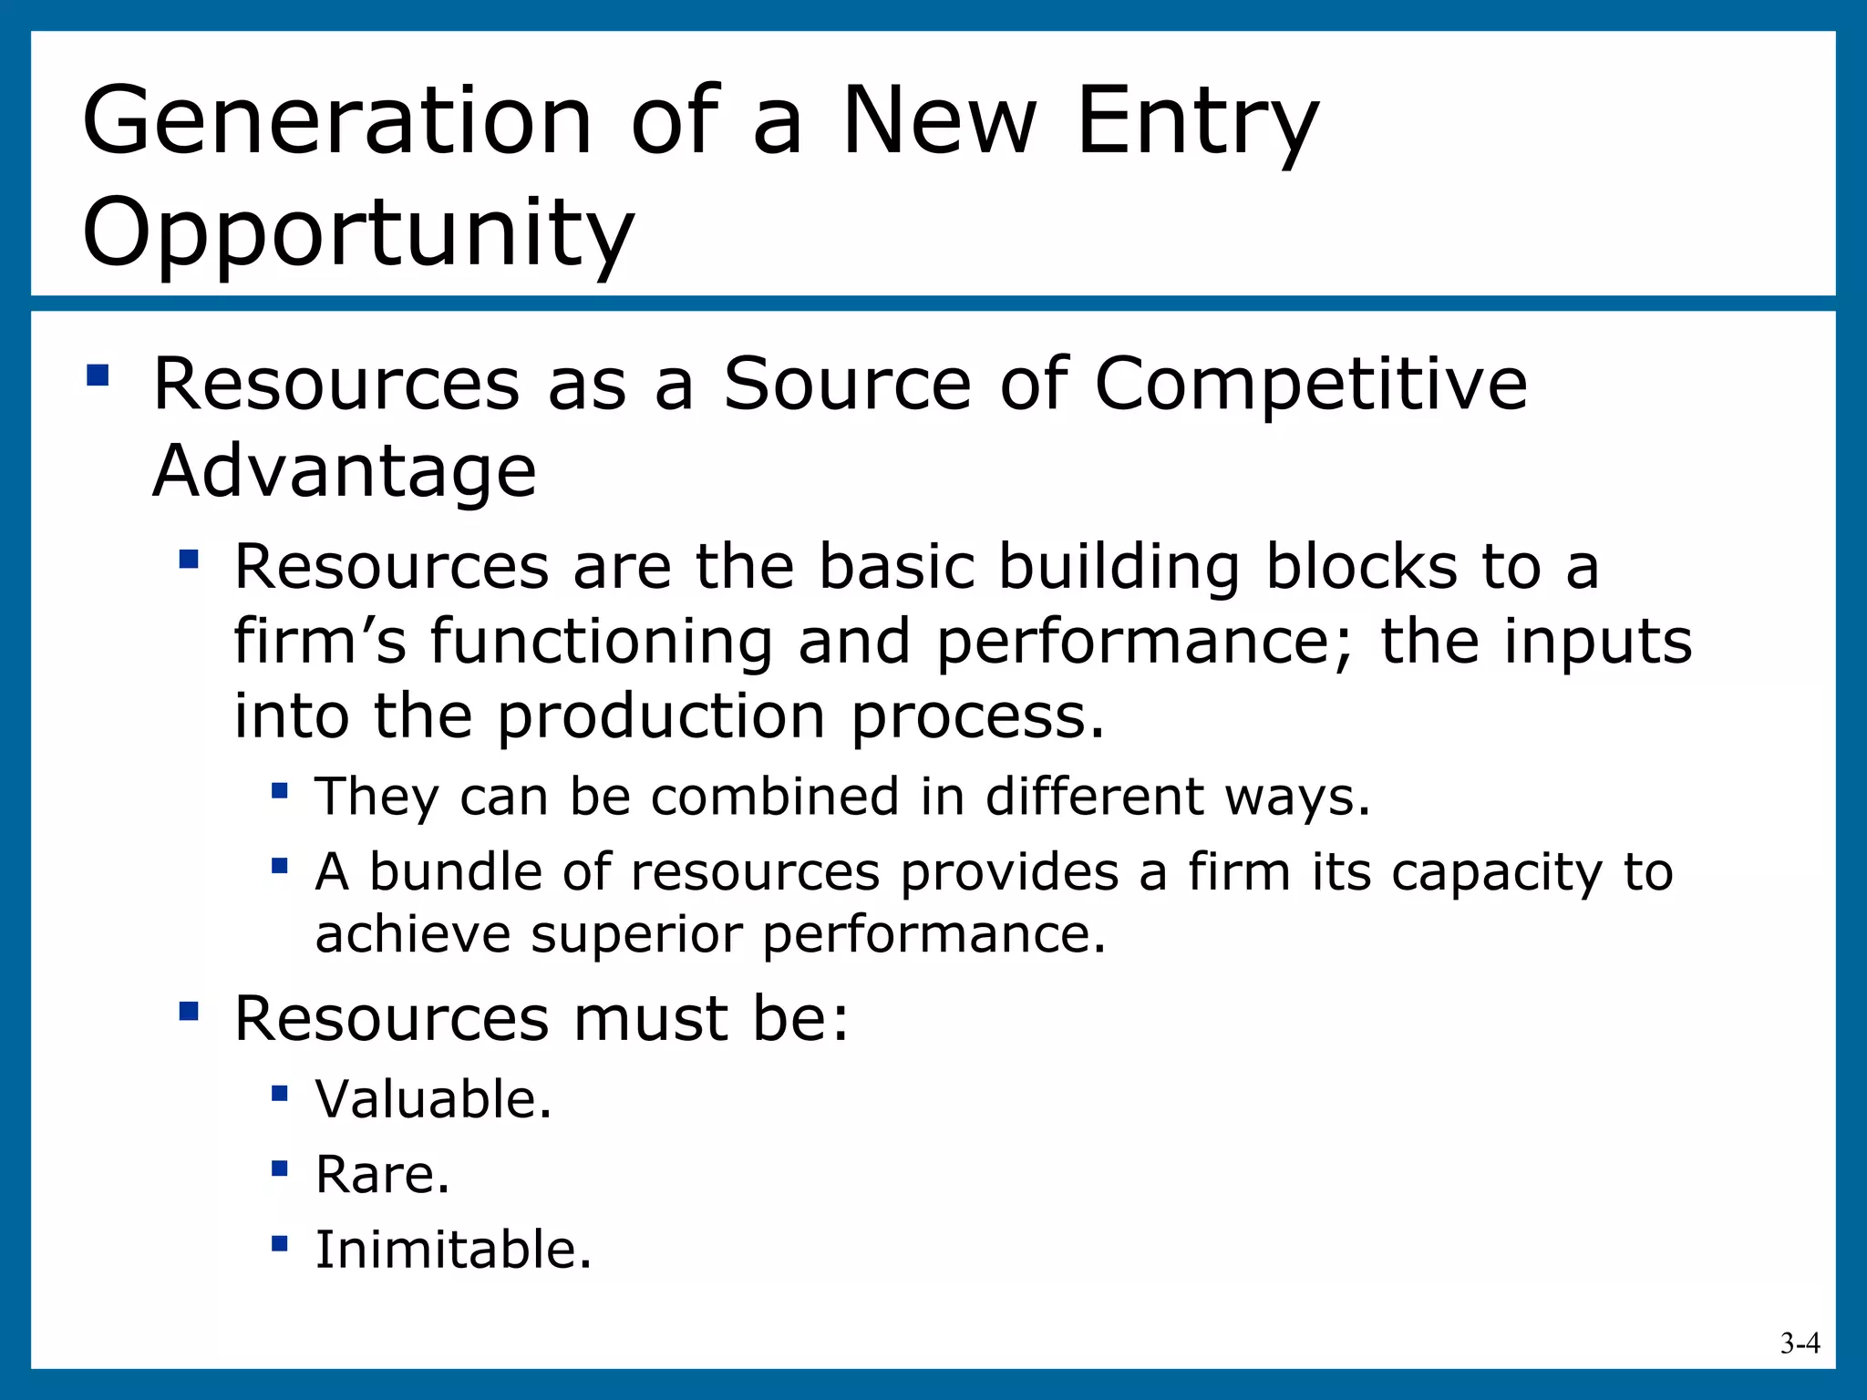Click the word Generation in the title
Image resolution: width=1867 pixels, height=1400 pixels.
(337, 121)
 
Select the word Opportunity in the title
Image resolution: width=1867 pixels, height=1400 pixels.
(357, 233)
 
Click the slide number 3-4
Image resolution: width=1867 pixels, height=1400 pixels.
(1800, 1343)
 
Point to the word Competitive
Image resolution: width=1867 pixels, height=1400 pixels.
(1310, 384)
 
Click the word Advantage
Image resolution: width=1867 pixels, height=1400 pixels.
(345, 471)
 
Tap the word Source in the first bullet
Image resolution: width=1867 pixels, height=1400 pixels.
(847, 384)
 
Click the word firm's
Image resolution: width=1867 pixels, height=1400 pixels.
(320, 641)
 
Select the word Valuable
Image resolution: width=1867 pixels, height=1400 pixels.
(432, 1099)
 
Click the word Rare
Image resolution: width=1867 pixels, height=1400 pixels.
(381, 1174)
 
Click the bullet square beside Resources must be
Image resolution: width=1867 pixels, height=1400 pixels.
(189, 1011)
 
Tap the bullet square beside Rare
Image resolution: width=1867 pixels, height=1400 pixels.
(280, 1168)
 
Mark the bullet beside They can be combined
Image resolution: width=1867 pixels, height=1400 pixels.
(280, 790)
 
